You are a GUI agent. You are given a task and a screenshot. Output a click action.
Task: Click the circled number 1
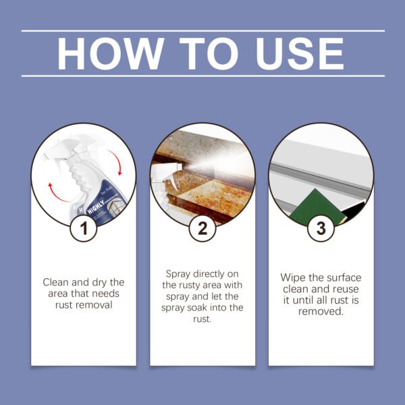(x=84, y=228)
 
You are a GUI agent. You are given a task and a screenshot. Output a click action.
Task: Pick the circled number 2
(x=202, y=228)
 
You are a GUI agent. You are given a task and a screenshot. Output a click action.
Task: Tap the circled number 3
(x=321, y=228)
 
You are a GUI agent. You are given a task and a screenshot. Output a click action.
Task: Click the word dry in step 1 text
(x=95, y=281)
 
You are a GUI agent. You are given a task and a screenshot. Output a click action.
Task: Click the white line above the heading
(x=202, y=31)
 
